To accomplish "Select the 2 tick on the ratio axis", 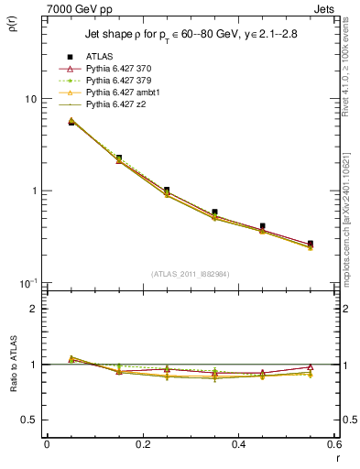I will tap(33, 309).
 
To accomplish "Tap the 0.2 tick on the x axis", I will tap(142, 444).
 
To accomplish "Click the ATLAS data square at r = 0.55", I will tap(310, 244).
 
